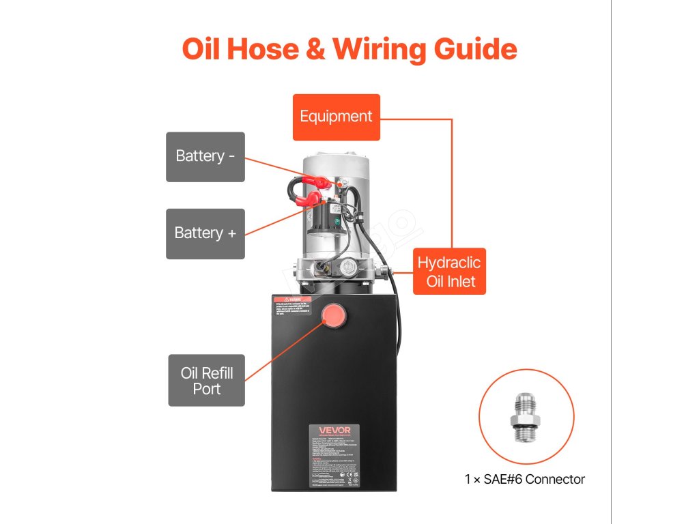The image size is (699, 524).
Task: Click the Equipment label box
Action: (336, 117)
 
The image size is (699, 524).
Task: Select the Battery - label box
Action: (205, 156)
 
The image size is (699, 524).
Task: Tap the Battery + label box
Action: (205, 233)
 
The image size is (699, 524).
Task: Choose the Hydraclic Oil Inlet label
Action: (449, 272)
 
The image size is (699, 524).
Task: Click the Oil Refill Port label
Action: (206, 381)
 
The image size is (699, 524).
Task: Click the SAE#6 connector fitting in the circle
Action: (526, 417)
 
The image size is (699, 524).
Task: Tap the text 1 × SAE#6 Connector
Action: (524, 479)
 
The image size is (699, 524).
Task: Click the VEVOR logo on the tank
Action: (333, 431)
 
